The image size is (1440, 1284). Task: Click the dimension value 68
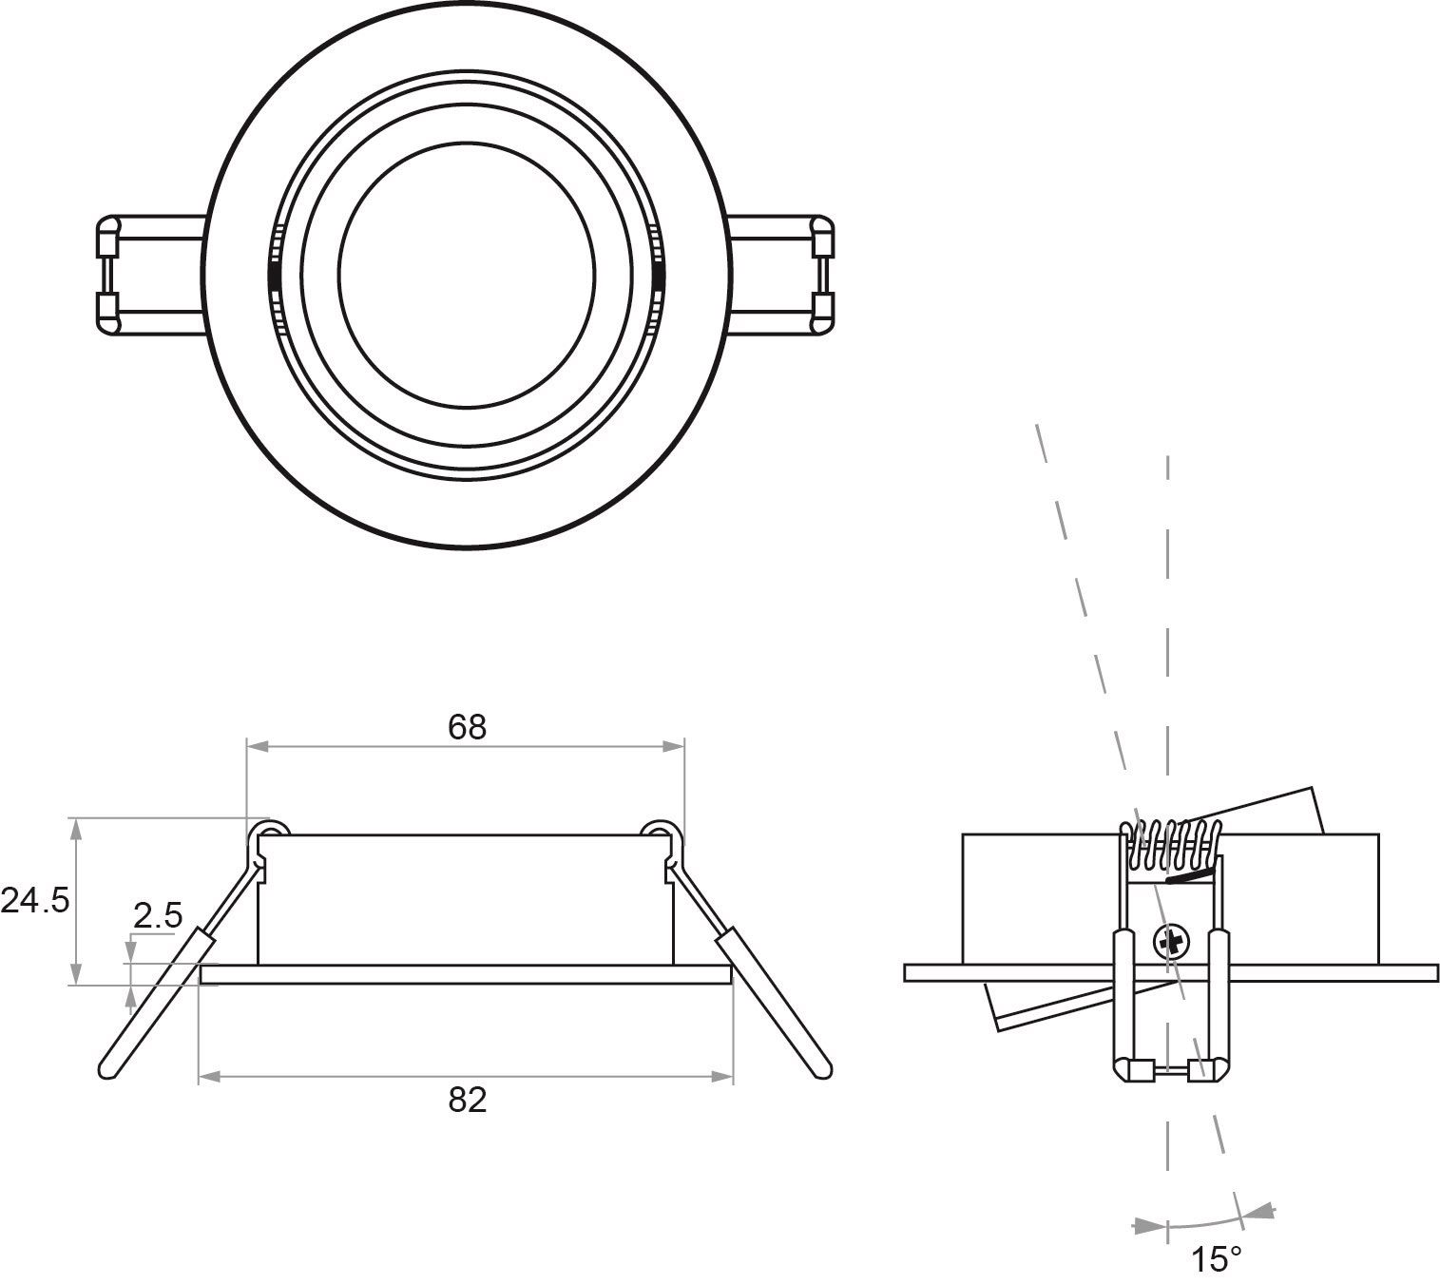(467, 727)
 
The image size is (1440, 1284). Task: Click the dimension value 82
(467, 1100)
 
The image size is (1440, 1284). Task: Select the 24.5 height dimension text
(35, 900)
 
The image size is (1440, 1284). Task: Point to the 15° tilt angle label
(1217, 1259)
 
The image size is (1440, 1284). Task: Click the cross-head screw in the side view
(1171, 942)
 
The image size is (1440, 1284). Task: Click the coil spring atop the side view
(1171, 845)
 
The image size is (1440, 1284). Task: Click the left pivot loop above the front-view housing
(269, 833)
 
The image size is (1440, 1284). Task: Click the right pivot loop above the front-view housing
(661, 833)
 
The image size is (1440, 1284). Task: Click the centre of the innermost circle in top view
(467, 276)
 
